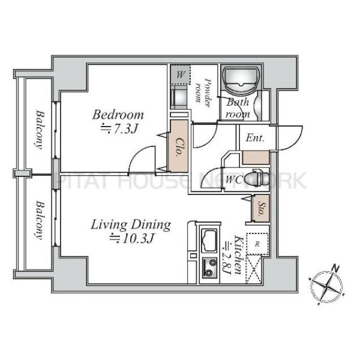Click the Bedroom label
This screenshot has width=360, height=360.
coord(118,115)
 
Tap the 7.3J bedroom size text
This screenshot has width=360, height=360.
coord(119,129)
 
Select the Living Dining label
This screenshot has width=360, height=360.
coord(131,225)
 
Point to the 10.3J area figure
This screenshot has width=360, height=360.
coord(131,239)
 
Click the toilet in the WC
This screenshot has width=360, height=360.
coord(256,178)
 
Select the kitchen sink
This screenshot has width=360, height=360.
coord(209,241)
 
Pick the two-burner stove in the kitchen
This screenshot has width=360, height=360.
coord(209,268)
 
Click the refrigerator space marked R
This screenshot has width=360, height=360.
coord(257,244)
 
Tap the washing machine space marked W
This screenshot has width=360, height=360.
coord(181,74)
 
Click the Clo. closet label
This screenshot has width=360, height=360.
coord(178,147)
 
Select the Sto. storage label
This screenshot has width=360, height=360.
coord(261,209)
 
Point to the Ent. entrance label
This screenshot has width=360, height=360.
coord(255,138)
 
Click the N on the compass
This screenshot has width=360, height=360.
coord(335,268)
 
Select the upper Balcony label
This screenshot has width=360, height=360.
coord(40,130)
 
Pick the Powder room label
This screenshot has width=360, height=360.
coord(203,93)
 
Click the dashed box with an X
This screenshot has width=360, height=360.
coord(254,269)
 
